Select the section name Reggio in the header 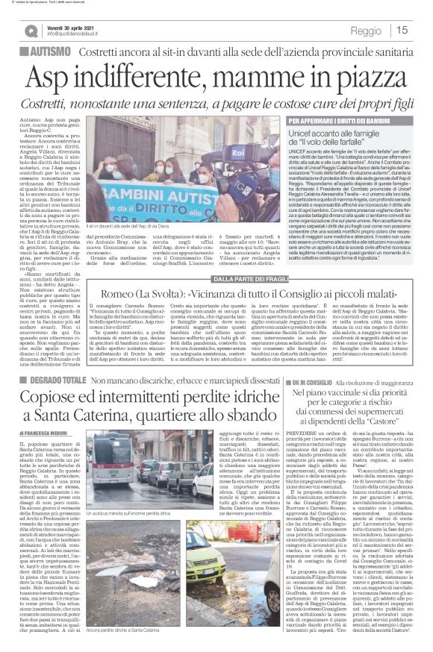tap(365, 31)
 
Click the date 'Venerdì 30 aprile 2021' tap(71, 26)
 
